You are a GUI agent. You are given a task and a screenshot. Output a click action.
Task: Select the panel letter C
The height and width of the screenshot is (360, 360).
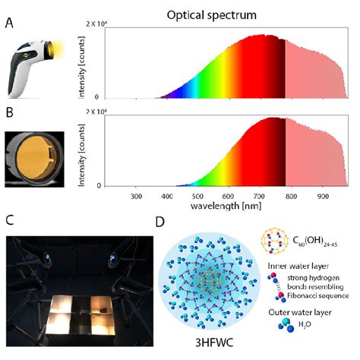[x=8, y=220]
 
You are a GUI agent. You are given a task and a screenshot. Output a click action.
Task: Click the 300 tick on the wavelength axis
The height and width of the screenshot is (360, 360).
[x=136, y=196]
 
